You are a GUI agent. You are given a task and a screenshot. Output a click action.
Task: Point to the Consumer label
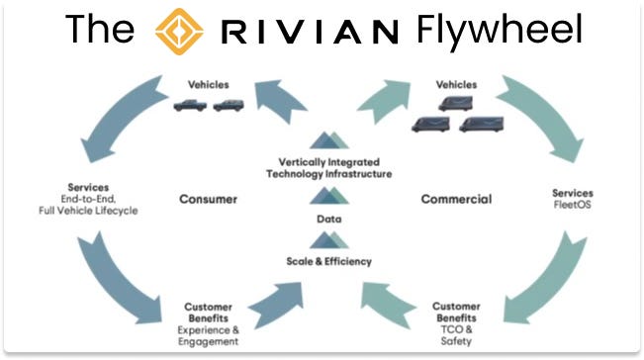pos(208,200)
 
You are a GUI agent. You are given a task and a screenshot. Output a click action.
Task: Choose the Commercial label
pos(455,200)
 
